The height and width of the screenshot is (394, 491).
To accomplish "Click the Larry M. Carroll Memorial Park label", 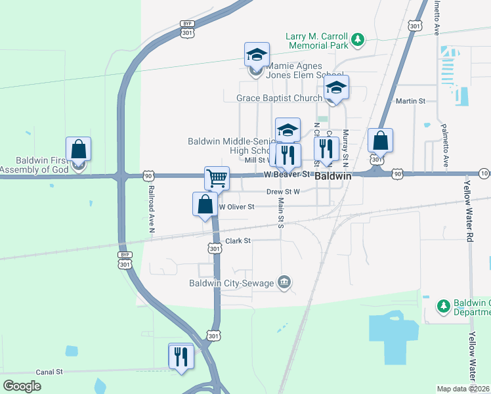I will [316, 41].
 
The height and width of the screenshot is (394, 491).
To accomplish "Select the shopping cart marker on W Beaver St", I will [217, 178].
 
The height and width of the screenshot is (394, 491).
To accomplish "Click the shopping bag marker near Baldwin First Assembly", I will [78, 149].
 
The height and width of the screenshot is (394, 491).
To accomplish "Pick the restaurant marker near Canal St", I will [181, 357].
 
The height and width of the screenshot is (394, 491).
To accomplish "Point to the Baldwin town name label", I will [333, 177].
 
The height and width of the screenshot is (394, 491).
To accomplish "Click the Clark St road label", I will [238, 241].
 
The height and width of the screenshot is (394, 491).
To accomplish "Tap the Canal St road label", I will [49, 372].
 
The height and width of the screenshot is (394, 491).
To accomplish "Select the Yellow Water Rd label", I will [471, 209].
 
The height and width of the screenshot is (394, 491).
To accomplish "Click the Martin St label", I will [412, 101].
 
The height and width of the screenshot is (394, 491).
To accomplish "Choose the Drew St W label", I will [283, 192].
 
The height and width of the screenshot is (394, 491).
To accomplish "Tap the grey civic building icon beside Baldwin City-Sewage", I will [284, 283].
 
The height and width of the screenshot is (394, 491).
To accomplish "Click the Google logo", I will [22, 386].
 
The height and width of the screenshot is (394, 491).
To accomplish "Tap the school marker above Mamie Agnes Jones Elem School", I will [257, 55].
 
